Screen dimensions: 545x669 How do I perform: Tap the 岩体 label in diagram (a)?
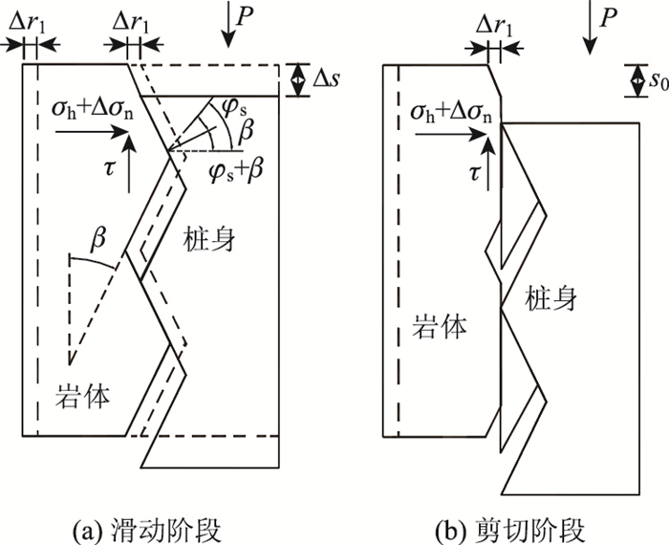[80, 393]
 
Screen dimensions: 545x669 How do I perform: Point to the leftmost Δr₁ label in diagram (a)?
[26, 18]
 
